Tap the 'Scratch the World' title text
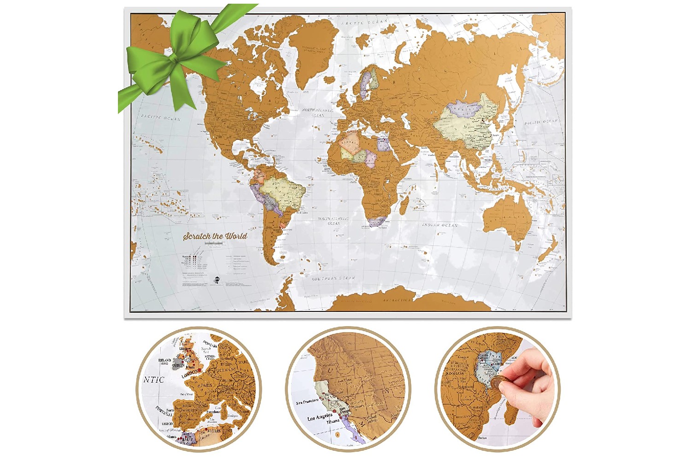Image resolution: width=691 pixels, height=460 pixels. click(215, 236)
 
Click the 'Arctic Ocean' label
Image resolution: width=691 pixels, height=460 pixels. click(364, 22)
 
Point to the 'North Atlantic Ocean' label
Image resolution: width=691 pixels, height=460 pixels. click(318, 112)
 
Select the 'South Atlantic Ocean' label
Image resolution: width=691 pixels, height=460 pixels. click(333, 221)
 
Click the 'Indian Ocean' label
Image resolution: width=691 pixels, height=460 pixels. click(440, 225)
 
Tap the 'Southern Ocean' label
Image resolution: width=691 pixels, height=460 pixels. click(334, 278)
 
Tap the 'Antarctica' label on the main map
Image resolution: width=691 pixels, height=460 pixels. click(397, 300)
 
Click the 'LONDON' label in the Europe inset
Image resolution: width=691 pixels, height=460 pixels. click(190, 374)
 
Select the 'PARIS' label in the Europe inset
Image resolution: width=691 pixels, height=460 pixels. click(206, 385)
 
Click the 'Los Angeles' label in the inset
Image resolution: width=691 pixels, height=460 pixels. click(320, 417)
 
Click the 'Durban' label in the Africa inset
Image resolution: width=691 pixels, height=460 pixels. click(483, 438)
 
